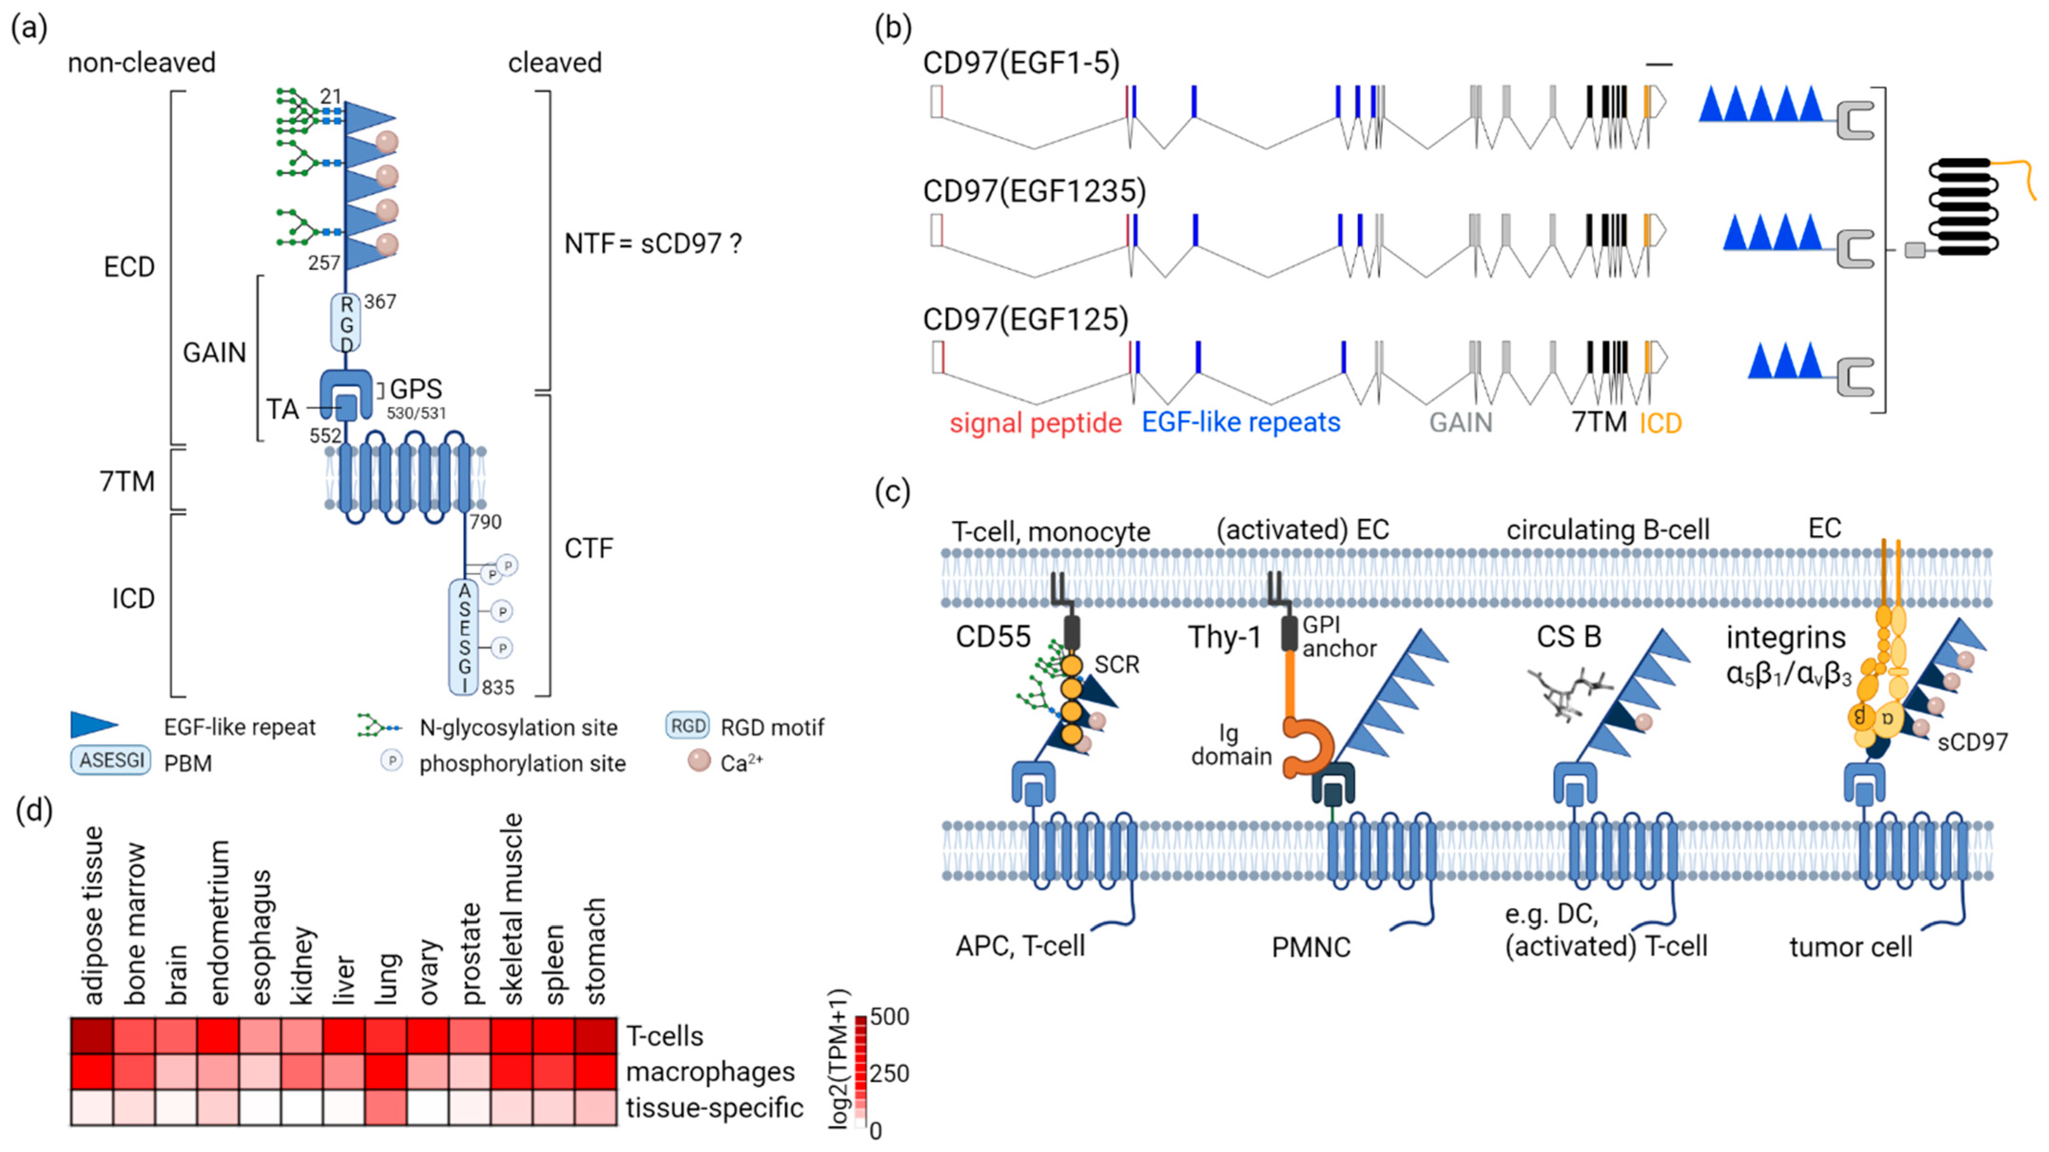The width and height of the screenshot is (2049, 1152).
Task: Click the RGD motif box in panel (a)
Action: point(346,323)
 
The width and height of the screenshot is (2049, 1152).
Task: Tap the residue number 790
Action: point(485,522)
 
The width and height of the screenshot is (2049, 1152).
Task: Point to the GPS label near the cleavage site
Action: point(416,389)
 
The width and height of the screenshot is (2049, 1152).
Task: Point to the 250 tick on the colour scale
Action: point(889,1073)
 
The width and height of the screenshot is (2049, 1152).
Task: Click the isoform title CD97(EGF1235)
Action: point(1034,192)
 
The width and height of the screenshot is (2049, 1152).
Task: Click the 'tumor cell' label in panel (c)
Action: point(1850,947)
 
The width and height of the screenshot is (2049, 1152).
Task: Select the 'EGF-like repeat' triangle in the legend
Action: point(94,725)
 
